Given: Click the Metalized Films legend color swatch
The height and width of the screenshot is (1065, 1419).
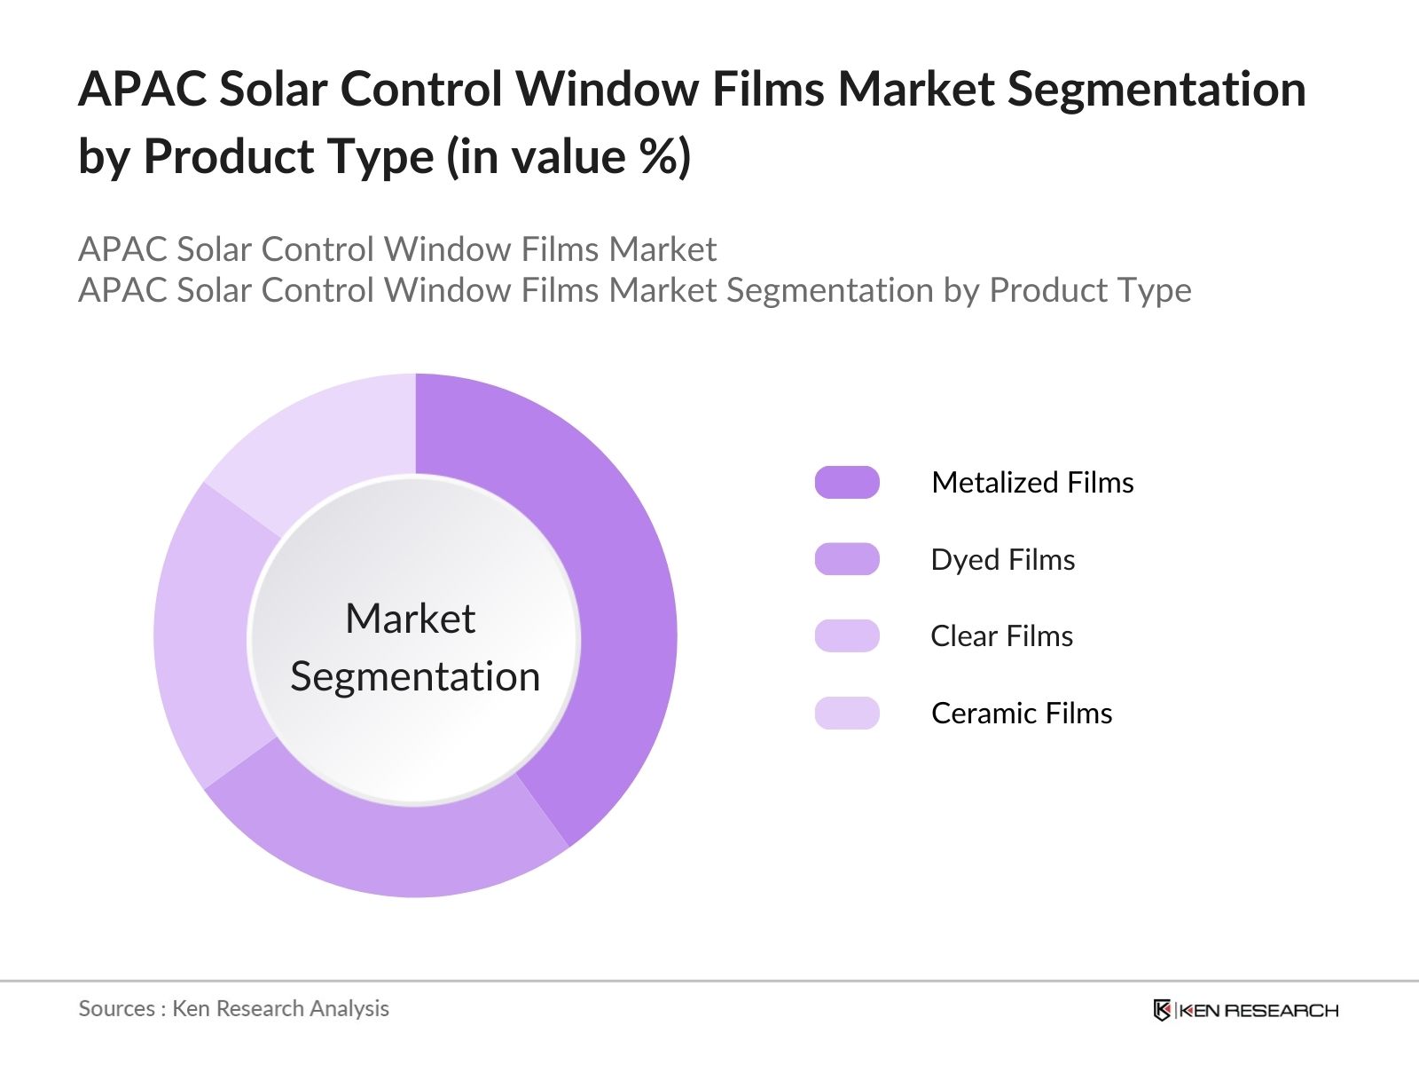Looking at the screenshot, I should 847,482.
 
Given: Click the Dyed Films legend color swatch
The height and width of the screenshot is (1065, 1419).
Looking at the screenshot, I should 847,559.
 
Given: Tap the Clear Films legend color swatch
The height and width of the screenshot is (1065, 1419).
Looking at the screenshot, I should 847,635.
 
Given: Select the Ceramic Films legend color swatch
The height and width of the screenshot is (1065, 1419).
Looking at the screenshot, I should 847,713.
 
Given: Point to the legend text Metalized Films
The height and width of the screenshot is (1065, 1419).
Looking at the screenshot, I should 1032,482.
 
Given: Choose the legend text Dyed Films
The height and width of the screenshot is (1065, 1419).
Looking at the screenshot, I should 1002,559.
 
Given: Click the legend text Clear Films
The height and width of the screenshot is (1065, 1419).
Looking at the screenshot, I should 1001,635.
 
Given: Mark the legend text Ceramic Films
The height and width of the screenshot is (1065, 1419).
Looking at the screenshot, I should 1021,713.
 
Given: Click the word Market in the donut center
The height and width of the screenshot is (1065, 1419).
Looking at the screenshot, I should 410,619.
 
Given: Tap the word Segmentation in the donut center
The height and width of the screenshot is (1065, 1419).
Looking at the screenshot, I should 415,676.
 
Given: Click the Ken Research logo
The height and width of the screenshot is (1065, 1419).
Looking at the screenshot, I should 1245,1010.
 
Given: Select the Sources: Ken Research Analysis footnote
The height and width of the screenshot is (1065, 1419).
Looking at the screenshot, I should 233,1008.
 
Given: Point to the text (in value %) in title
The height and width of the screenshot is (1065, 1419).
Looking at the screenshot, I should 568,157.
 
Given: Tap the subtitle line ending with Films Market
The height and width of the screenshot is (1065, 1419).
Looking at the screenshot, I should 396,249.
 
